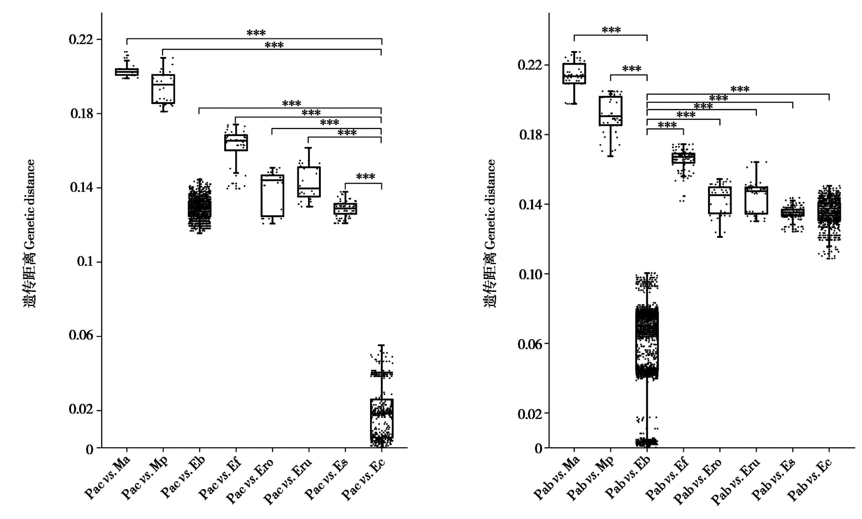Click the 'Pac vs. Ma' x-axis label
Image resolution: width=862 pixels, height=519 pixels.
click(108, 477)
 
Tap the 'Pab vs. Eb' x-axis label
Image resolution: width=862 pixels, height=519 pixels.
click(627, 479)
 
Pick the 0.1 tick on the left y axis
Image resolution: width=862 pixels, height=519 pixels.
click(85, 262)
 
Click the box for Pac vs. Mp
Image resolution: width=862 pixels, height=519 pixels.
click(163, 89)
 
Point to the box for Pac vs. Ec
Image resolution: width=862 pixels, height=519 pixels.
click(382, 418)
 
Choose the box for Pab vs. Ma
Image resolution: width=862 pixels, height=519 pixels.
click(574, 74)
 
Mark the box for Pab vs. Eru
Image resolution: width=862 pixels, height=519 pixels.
click(756, 200)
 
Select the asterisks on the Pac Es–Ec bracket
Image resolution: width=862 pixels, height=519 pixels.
click(365, 177)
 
